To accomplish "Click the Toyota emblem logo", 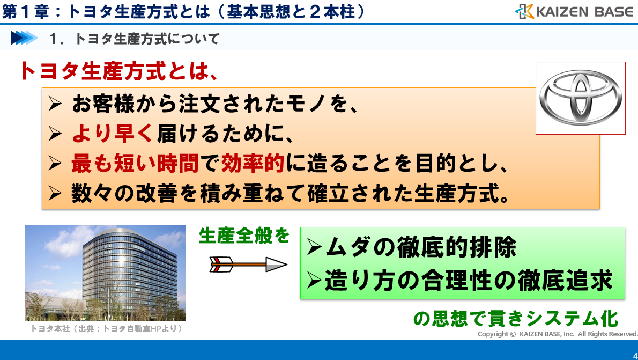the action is tap(581, 98).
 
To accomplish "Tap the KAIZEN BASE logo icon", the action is tap(524, 11).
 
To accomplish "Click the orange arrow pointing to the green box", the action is tap(249, 265).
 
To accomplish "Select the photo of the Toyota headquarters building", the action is tap(106, 273).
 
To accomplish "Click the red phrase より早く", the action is tap(112, 133).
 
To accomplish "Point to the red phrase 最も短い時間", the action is tap(135, 163).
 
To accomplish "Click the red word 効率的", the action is tap(253, 163).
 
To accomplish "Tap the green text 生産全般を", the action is tap(244, 236).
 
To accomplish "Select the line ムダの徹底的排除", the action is tap(412, 247).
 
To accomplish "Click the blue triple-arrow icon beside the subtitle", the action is tap(24, 38).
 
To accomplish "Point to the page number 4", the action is tap(635, 356).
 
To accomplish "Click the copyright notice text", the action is tap(558, 334).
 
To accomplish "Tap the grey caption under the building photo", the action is tap(107, 328).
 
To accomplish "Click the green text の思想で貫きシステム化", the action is tap(516, 319).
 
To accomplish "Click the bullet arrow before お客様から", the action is tap(55, 104).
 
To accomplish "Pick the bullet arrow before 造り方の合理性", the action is tap(315, 280).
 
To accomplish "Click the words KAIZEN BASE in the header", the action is tap(585, 12).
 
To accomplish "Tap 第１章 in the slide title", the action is tap(26, 11).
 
